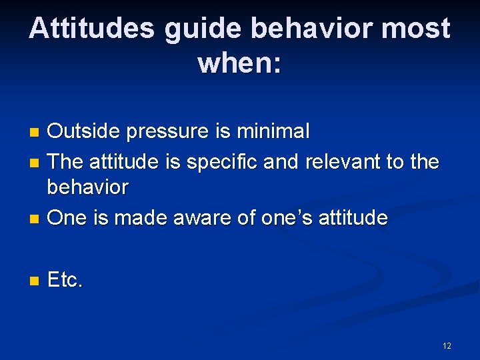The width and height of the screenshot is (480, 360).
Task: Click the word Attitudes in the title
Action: pos(91,29)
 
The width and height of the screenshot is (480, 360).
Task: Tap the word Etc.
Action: pos(65,281)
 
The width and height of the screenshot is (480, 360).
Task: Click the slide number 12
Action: pos(446,345)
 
